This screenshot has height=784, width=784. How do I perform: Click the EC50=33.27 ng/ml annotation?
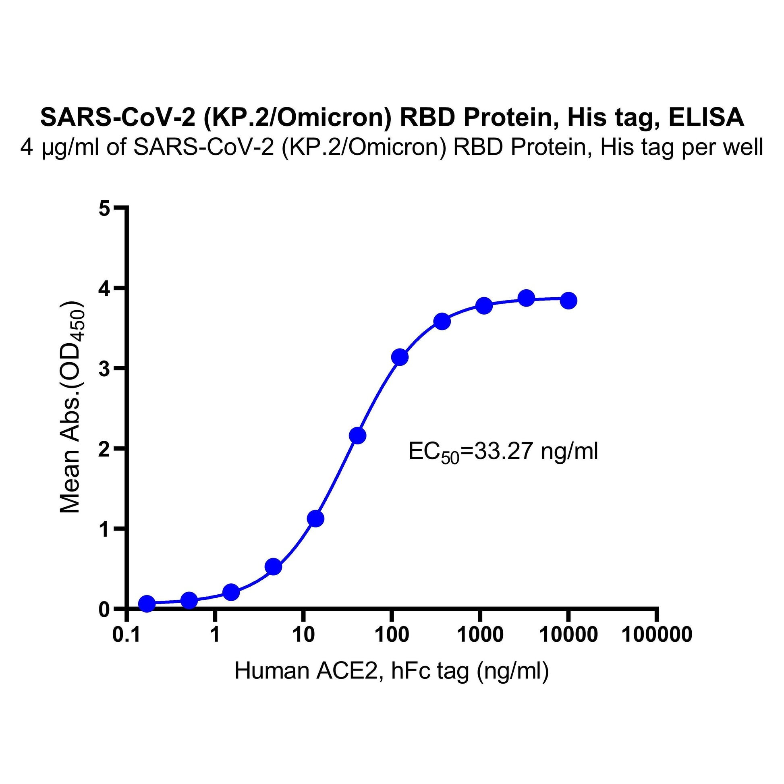point(503,452)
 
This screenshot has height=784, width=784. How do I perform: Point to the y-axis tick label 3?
point(104,369)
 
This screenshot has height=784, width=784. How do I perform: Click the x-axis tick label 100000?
point(656,635)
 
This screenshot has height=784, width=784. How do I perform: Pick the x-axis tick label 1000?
point(480,635)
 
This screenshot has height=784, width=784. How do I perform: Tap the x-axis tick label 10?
point(303,635)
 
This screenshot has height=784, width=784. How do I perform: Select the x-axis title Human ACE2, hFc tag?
point(391,671)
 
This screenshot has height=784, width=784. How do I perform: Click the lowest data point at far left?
point(147,604)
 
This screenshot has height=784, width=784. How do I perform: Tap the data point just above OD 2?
point(357,436)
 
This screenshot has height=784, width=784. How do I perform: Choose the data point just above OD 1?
point(316,519)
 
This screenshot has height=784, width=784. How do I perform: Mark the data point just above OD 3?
point(400,357)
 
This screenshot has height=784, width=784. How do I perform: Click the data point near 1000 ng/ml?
point(484,305)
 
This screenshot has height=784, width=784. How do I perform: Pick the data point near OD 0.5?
point(274,567)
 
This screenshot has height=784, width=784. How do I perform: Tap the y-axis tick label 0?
point(104,610)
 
